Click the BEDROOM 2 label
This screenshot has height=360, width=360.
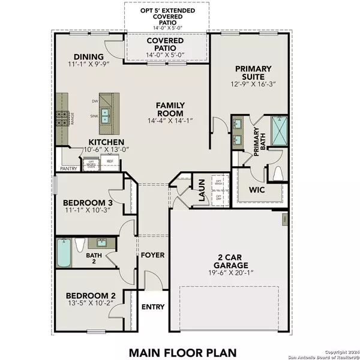tap(90, 296)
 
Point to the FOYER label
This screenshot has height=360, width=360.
tap(152, 255)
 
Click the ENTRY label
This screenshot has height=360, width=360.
tap(152, 307)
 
